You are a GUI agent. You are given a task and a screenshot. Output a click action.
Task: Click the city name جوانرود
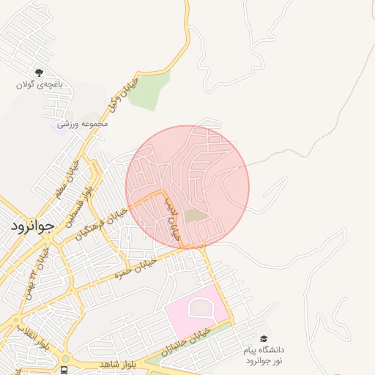coord(33,226)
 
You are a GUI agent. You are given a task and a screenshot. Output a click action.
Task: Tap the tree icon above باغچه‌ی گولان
coord(39,73)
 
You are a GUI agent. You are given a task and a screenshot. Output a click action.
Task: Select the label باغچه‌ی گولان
coord(40,84)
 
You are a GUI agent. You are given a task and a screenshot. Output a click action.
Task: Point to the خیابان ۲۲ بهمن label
coord(37,270)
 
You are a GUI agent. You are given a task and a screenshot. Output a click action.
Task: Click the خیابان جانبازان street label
coord(192,341)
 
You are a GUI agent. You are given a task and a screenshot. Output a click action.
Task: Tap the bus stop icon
coord(64,369)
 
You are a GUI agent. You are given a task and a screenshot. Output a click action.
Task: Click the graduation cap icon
coord(264,339)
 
